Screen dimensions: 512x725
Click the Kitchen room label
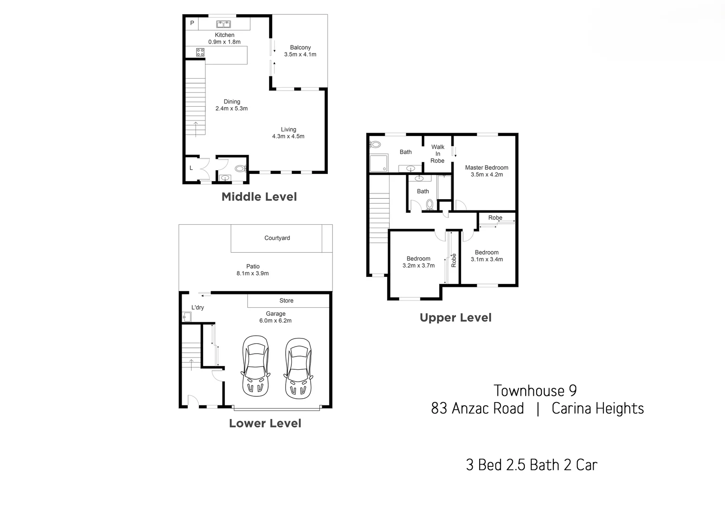(224, 35)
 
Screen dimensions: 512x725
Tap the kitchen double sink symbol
(223, 24)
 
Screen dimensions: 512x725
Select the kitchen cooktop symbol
(200, 52)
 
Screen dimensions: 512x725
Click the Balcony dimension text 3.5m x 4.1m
(300, 55)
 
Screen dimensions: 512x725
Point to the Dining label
(232, 101)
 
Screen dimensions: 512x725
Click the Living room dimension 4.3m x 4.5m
(288, 137)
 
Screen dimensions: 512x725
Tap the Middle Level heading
(259, 197)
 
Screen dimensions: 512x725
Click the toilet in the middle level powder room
(240, 168)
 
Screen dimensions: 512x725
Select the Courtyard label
(277, 238)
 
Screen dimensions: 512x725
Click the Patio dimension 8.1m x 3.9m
(252, 274)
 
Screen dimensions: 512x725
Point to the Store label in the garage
(286, 301)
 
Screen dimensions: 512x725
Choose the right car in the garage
(298, 368)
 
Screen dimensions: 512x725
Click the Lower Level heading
(265, 423)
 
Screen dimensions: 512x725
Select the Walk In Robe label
(437, 154)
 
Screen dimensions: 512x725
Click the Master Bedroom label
(486, 167)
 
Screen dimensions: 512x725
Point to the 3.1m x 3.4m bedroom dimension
(486, 259)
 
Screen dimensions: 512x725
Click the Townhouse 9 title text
(535, 391)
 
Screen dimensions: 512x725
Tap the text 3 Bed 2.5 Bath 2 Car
(531, 465)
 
